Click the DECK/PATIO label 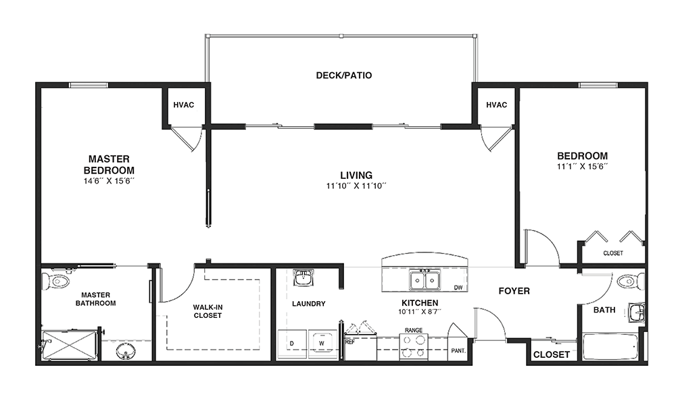(x=343, y=76)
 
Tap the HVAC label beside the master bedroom (x=184, y=105)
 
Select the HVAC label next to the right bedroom (x=496, y=105)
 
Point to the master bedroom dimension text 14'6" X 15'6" (x=109, y=181)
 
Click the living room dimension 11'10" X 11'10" (x=356, y=186)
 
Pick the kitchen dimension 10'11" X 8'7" (x=420, y=312)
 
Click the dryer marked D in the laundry (x=292, y=344)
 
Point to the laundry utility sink (x=304, y=277)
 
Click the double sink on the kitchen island (x=425, y=279)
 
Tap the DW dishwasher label (x=458, y=288)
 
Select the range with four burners (x=414, y=347)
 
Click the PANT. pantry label (x=458, y=351)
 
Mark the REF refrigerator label (x=349, y=342)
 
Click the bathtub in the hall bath (x=610, y=348)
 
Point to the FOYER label (x=514, y=291)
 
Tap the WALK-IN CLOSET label (x=208, y=311)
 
